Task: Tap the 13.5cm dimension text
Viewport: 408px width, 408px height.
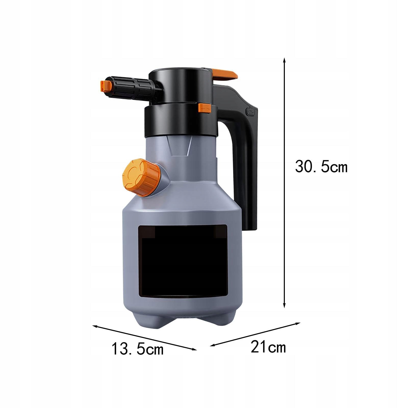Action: (138, 349)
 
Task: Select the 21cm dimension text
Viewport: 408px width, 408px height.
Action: (268, 347)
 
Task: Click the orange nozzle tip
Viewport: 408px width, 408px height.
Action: (106, 86)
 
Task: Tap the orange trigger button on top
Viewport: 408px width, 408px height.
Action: (225, 74)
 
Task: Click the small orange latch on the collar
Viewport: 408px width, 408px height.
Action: (205, 108)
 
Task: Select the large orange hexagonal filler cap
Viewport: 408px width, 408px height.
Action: (142, 177)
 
